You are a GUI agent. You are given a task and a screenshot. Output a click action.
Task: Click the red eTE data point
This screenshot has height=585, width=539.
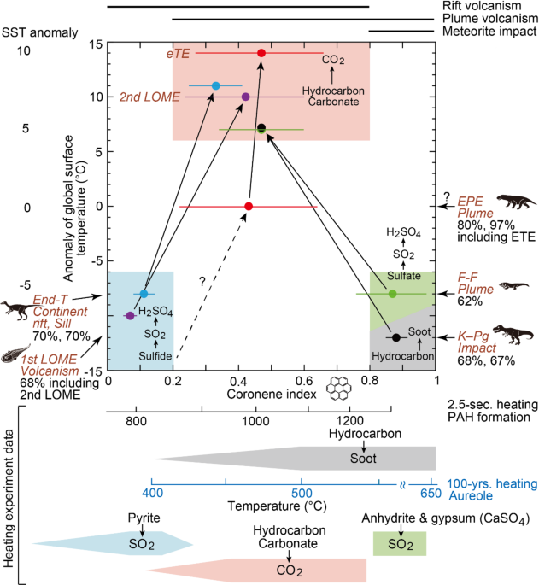261,53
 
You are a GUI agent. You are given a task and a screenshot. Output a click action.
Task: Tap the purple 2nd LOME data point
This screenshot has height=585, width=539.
245,97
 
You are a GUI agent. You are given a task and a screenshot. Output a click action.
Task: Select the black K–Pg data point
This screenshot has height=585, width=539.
396,337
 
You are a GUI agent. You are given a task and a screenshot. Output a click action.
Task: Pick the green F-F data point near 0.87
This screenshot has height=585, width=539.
392,294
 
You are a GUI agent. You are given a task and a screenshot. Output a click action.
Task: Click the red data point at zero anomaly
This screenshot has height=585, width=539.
249,206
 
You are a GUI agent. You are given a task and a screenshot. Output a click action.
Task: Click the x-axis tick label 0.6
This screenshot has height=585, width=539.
304,381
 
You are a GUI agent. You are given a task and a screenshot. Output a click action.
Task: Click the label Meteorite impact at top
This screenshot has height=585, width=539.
489,32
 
